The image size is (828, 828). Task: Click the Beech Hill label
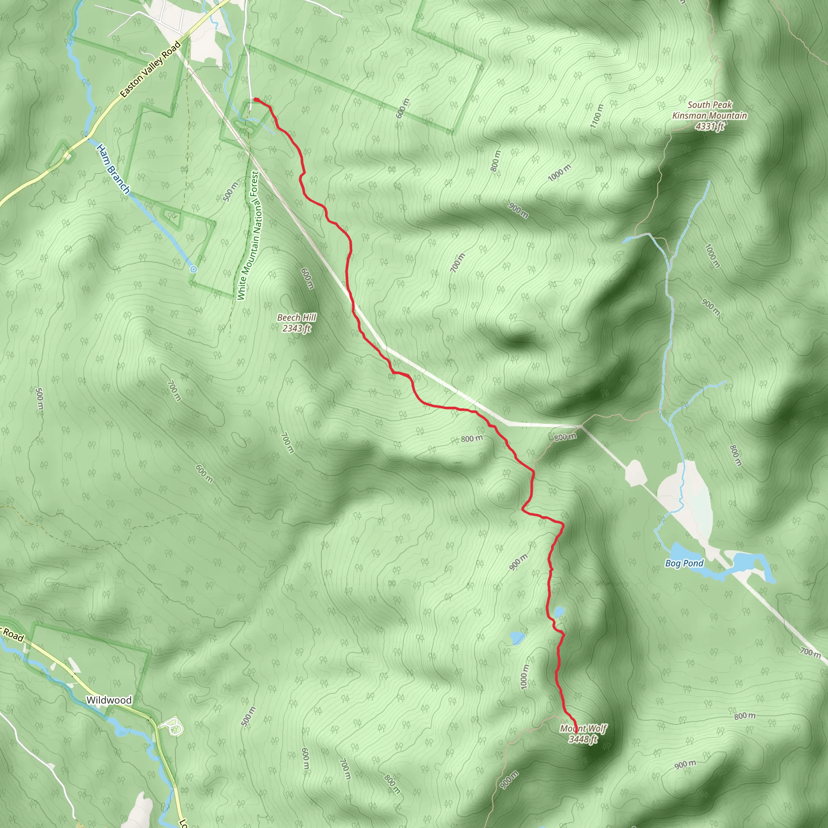coord(297,317)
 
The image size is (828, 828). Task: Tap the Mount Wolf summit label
coord(583,729)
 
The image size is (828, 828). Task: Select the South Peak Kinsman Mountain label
coord(709,110)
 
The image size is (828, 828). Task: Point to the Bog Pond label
coord(684,563)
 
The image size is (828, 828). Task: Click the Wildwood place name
coord(109,700)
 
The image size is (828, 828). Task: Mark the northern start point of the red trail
coord(256,100)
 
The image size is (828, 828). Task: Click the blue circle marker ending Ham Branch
coord(194,269)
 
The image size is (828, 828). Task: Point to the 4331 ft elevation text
coord(710,126)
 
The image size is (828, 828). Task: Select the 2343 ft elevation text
coord(297,329)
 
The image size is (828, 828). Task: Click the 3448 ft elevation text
coord(583,739)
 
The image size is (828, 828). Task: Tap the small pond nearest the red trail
coord(559,612)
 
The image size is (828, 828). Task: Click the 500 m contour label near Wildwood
coord(248,716)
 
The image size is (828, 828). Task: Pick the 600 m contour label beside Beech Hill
coord(307,278)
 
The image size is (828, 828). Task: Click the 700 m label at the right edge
coord(810,652)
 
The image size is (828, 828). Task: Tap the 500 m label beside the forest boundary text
coord(230,191)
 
